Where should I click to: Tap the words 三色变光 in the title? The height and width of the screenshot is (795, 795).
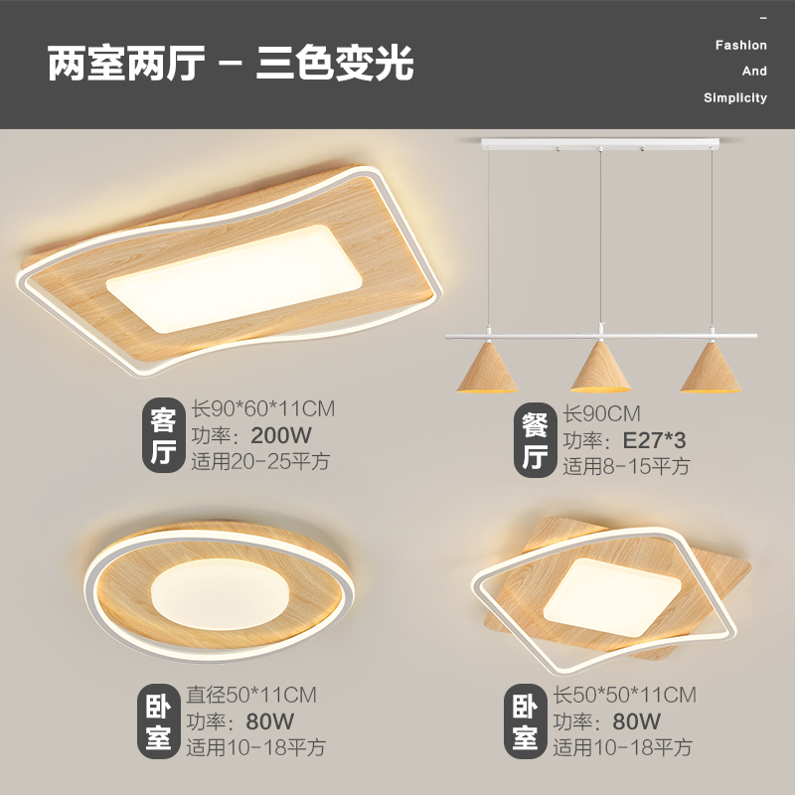pyautogui.click(x=335, y=64)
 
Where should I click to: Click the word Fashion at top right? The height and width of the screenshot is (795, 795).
pyautogui.click(x=740, y=46)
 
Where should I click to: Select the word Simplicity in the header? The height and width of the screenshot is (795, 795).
pyautogui.click(x=734, y=97)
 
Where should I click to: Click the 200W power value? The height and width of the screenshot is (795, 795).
pyautogui.click(x=281, y=435)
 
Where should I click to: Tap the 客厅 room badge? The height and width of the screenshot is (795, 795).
pyautogui.click(x=162, y=435)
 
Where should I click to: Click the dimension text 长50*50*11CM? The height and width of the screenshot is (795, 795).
pyautogui.click(x=624, y=695)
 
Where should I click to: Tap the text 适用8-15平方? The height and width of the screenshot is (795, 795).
pyautogui.click(x=626, y=465)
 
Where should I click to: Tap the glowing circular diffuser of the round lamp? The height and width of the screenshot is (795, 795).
pyautogui.click(x=221, y=594)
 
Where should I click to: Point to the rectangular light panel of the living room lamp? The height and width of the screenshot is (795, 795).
pyautogui.click(x=234, y=276)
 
